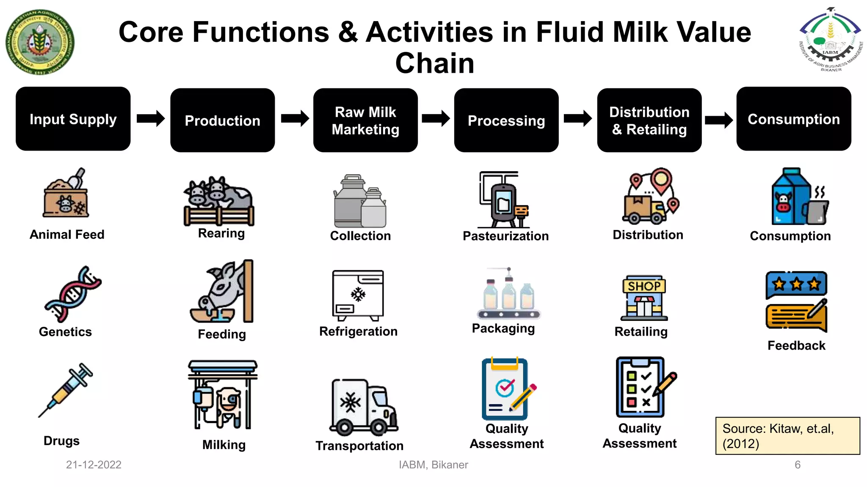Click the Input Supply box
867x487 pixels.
[73, 119]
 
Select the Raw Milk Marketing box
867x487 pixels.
[365, 120]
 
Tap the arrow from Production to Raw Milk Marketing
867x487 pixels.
[295, 118]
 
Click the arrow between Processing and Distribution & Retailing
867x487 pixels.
[577, 118]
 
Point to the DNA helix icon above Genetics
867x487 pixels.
[72, 294]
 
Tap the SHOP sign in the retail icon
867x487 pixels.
[644, 286]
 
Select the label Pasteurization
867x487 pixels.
[505, 236]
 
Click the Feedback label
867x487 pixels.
[796, 345]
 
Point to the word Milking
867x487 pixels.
[224, 445]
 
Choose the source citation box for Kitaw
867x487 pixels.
[787, 436]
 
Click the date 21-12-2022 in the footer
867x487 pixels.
[94, 465]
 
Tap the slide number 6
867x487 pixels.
[798, 465]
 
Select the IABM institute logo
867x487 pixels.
[831, 40]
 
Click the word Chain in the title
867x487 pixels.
[434, 63]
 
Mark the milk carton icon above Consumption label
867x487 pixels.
[791, 196]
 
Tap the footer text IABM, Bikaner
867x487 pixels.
[433, 465]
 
